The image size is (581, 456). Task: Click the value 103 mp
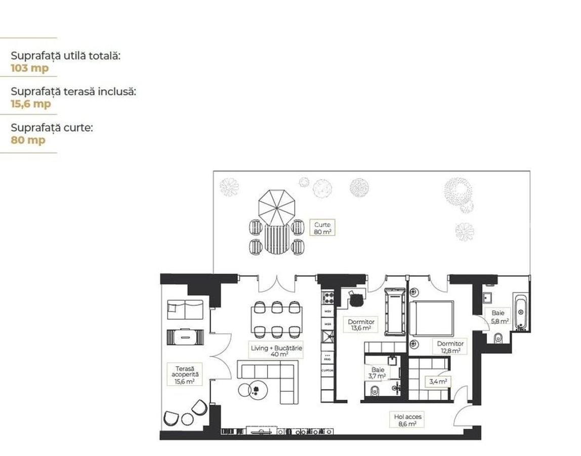point(30,68)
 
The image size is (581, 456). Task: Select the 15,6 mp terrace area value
point(31,104)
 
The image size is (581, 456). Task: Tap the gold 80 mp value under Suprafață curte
point(28,140)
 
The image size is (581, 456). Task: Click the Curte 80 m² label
point(322,228)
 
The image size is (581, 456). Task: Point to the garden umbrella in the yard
point(276,206)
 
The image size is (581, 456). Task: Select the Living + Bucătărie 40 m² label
point(276,351)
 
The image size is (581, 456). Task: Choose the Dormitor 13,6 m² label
point(361,325)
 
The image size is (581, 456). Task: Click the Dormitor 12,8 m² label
point(450,347)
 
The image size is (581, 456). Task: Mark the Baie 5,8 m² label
point(497,317)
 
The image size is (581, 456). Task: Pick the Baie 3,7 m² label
point(378,373)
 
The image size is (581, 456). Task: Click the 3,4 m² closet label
point(438,382)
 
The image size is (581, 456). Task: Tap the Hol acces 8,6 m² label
point(407,420)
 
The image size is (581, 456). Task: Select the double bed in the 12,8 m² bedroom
point(431,318)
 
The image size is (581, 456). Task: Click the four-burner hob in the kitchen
point(328,296)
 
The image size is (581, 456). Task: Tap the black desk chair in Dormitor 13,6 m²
point(357,300)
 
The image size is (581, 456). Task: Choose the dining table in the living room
point(277,320)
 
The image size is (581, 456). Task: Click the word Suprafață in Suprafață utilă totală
point(32,56)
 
